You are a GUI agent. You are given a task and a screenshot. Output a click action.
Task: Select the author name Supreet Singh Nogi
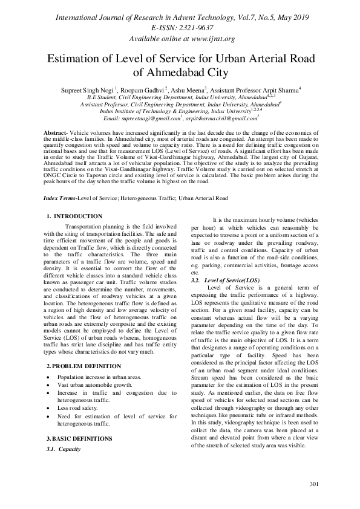(x=88, y=89)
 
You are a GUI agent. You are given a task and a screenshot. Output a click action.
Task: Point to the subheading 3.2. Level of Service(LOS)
(x=225, y=281)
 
